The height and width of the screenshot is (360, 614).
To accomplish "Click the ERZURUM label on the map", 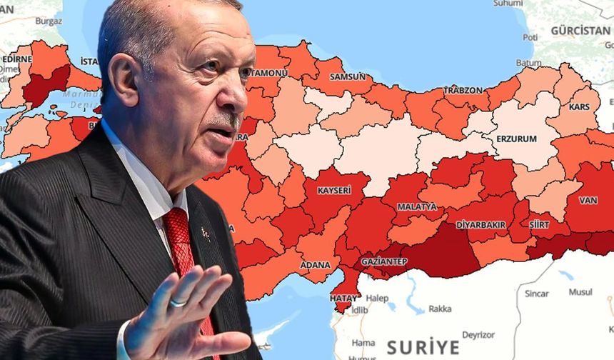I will pyautogui.click(x=517, y=139).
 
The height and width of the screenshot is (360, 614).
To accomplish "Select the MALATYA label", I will pyautogui.click(x=416, y=206).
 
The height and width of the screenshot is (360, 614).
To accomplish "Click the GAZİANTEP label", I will pyautogui.click(x=384, y=261).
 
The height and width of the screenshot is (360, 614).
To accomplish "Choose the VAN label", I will pyautogui.click(x=588, y=200).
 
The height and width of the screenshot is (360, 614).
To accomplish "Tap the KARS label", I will pyautogui.click(x=579, y=107).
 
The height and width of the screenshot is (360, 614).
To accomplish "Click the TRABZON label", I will pyautogui.click(x=463, y=90).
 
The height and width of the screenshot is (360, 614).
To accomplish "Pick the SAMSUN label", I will pyautogui.click(x=348, y=76).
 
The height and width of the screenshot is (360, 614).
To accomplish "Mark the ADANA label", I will pyautogui.click(x=315, y=264).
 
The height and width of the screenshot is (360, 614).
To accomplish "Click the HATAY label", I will pyautogui.click(x=344, y=297).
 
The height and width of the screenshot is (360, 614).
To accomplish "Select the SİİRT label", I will pyautogui.click(x=539, y=224).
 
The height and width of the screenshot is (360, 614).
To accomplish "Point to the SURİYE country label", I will pyautogui.click(x=423, y=347).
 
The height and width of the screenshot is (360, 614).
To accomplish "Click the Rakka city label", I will pyautogui.click(x=439, y=309).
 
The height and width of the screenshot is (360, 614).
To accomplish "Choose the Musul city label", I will pyautogui.click(x=580, y=292).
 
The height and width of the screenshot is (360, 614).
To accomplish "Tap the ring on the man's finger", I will pyautogui.click(x=177, y=302).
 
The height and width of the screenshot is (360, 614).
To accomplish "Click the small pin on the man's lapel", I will pyautogui.click(x=204, y=233).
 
